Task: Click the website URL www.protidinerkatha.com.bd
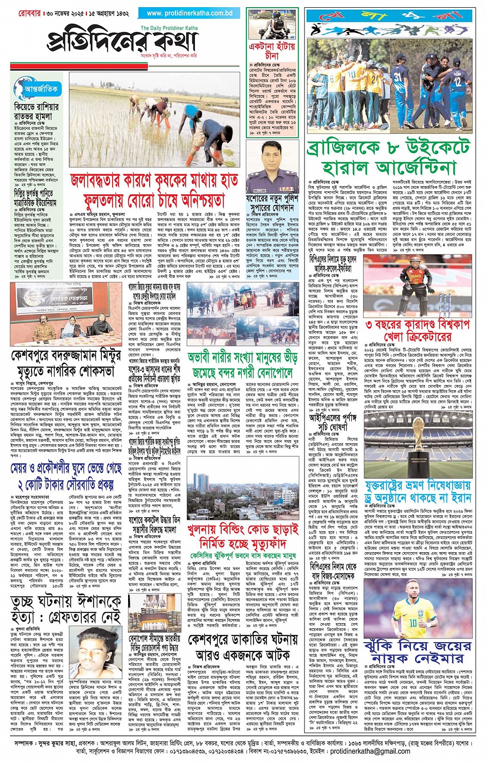click(x=189, y=13)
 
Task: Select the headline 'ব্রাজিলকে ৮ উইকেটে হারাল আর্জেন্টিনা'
click(x=389, y=158)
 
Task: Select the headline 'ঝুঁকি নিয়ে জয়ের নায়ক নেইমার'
click(x=417, y=651)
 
